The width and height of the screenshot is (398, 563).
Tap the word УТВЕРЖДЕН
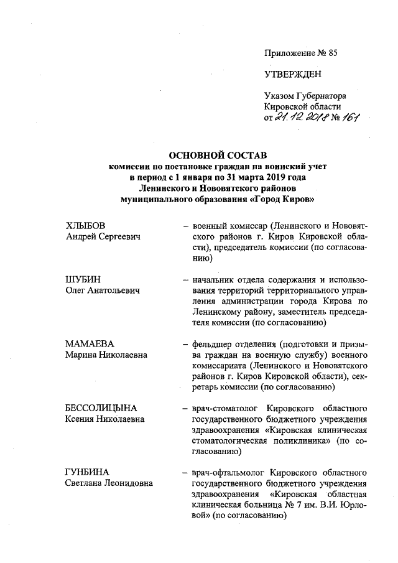[293, 75]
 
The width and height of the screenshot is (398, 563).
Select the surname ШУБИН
[83, 280]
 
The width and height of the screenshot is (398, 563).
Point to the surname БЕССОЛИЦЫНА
[102, 408]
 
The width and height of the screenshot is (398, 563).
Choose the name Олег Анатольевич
[102, 291]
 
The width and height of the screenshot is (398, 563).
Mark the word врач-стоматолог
[226, 408]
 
